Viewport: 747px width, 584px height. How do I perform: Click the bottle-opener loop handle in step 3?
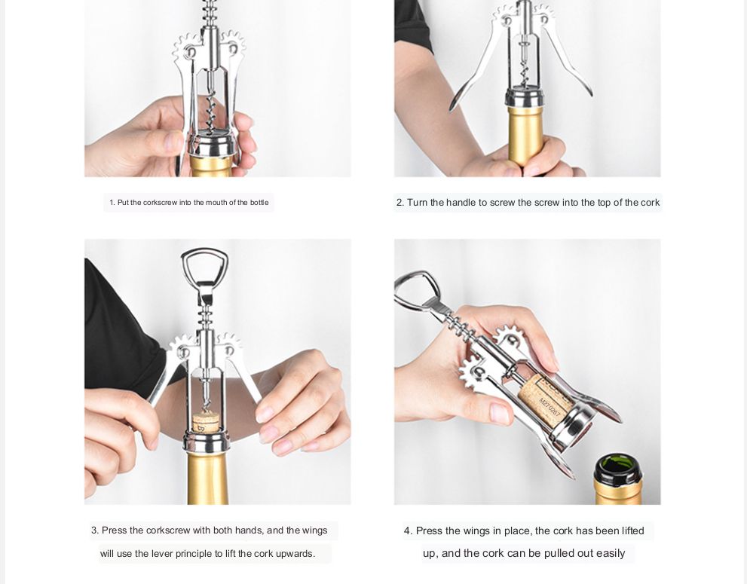(205, 252)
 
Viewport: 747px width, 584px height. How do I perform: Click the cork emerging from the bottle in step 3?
(206, 423)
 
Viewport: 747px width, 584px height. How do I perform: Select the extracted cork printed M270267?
(547, 400)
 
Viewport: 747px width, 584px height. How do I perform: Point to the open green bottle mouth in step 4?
(618, 463)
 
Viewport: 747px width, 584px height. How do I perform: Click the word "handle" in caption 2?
(461, 203)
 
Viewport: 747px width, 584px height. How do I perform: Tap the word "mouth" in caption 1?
(217, 203)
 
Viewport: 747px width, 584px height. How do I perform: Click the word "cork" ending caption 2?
(650, 203)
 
